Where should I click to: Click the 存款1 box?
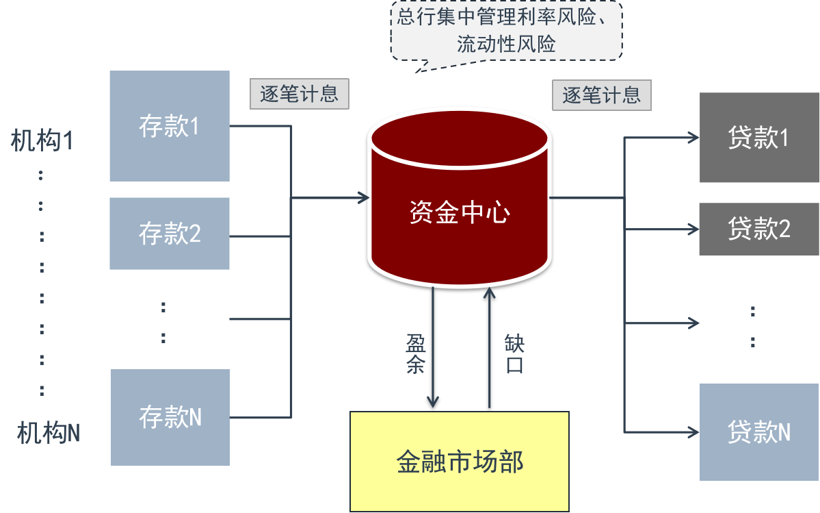pyautogui.click(x=169, y=126)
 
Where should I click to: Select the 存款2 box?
pyautogui.click(x=169, y=234)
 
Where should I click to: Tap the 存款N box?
pyautogui.click(x=170, y=417)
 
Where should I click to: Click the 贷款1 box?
pyautogui.click(x=759, y=138)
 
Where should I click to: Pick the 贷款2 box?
pyautogui.click(x=759, y=229)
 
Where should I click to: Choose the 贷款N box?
pyautogui.click(x=759, y=431)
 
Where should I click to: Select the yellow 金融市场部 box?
pyautogui.click(x=460, y=461)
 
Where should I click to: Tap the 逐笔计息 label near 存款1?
pyautogui.click(x=300, y=95)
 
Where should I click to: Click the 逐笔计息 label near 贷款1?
pyautogui.click(x=601, y=95)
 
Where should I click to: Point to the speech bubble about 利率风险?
pyautogui.click(x=506, y=31)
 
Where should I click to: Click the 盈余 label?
pyautogui.click(x=415, y=353)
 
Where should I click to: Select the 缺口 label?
pyautogui.click(x=514, y=353)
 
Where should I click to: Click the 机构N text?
pyautogui.click(x=49, y=433)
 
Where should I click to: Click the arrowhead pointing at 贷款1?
pyautogui.click(x=693, y=138)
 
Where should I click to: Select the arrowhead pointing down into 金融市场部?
pyautogui.click(x=433, y=403)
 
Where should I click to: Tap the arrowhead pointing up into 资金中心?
pyautogui.click(x=489, y=292)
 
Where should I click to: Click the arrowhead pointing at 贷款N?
pyautogui.click(x=693, y=431)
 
